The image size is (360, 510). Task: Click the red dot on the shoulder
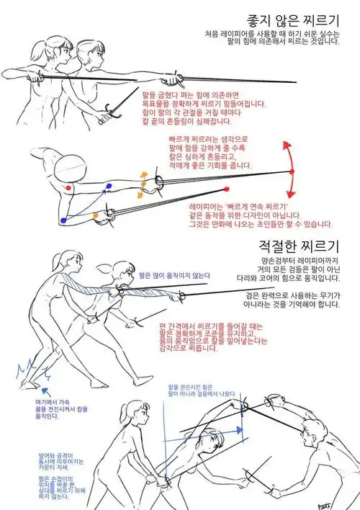point(67,187)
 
